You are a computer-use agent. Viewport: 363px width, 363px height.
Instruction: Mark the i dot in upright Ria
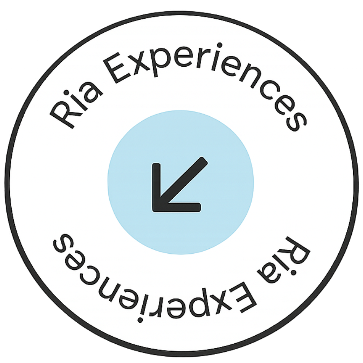click(67, 93)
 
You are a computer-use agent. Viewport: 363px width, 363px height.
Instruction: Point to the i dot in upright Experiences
click(220, 45)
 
